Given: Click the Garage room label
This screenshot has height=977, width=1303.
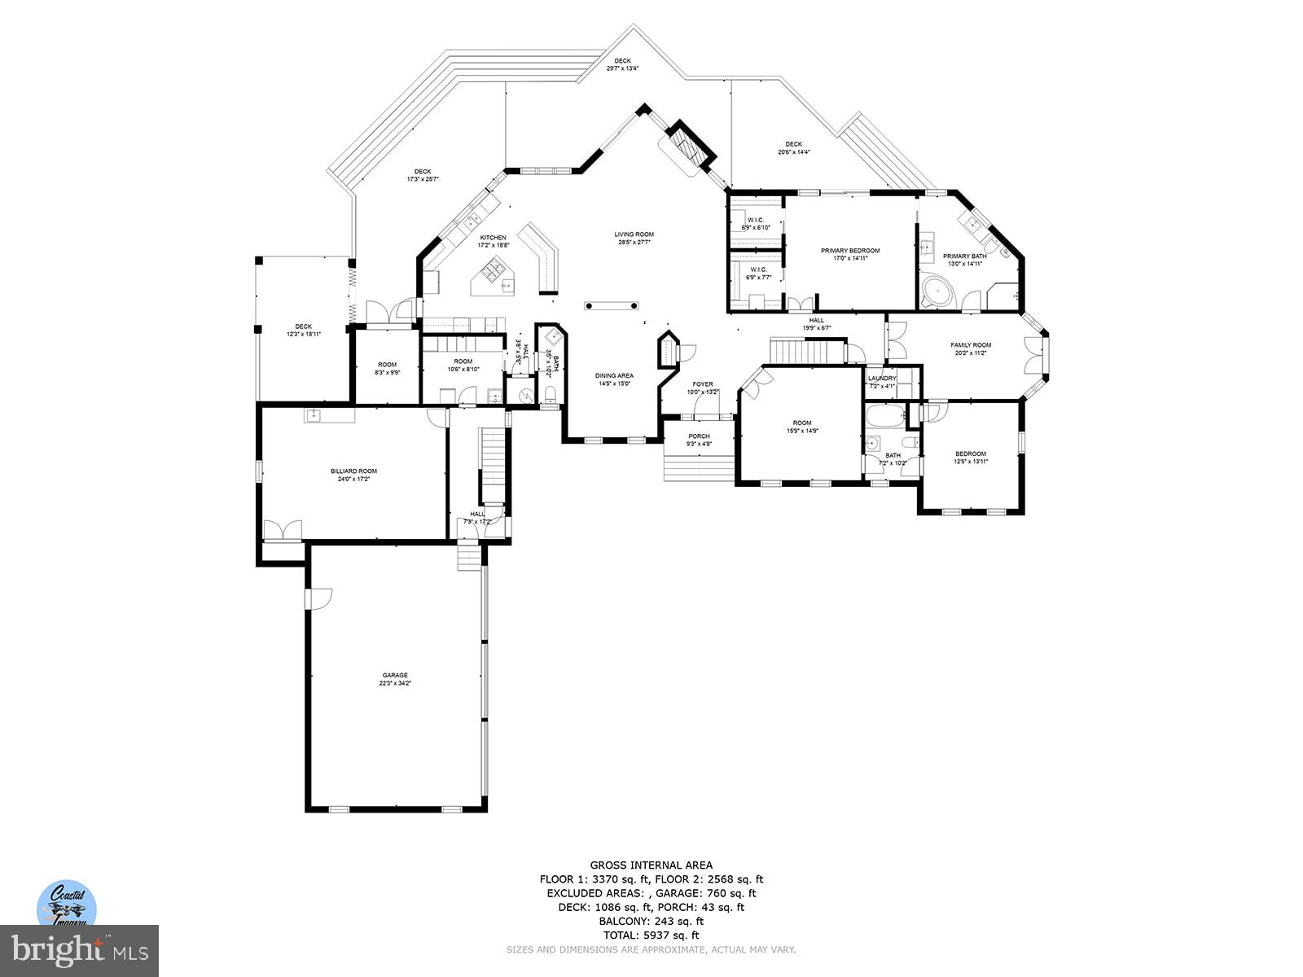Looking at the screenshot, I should [395, 679].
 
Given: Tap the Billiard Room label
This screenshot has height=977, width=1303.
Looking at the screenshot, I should [353, 475].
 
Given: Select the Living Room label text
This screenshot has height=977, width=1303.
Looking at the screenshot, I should [634, 239].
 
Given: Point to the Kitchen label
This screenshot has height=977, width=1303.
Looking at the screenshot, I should [493, 241].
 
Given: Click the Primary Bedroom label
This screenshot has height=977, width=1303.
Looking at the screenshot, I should [850, 254].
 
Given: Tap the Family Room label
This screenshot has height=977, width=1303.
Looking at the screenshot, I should [971, 348].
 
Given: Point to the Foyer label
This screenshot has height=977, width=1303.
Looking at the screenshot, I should [703, 388].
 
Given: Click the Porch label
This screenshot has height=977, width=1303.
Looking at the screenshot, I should [699, 440].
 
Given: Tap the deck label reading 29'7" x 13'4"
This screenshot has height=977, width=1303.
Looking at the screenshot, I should [622, 64].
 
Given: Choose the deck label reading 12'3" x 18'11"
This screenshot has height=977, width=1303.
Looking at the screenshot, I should [303, 330].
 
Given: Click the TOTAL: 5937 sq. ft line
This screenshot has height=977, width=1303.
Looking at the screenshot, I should [651, 935].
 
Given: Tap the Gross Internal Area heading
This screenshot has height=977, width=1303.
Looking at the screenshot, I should [651, 865].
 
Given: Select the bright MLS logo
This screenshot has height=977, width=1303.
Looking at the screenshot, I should [79, 949].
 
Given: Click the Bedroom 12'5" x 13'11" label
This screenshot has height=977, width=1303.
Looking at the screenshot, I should [971, 458].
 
